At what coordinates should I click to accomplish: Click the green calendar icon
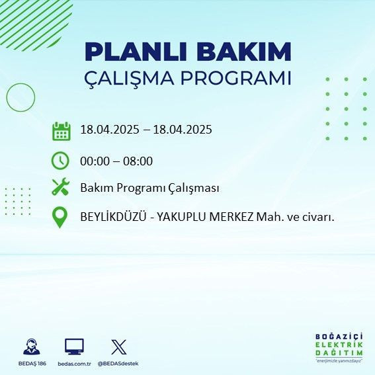(61, 131)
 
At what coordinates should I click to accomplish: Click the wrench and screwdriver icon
(61, 188)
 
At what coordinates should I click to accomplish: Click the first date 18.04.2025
(109, 130)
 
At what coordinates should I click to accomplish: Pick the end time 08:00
(138, 161)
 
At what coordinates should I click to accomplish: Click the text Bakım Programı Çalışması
(149, 188)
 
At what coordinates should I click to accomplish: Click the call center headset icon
(30, 347)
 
